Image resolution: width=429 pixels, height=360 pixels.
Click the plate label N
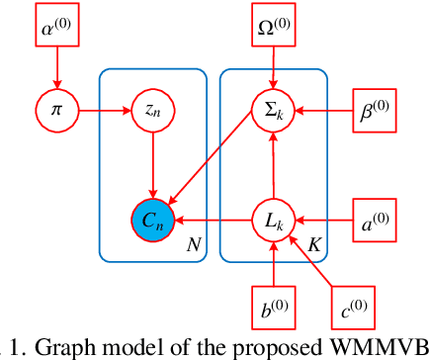tap(193, 243)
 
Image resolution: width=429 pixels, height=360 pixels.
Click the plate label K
tap(312, 243)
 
